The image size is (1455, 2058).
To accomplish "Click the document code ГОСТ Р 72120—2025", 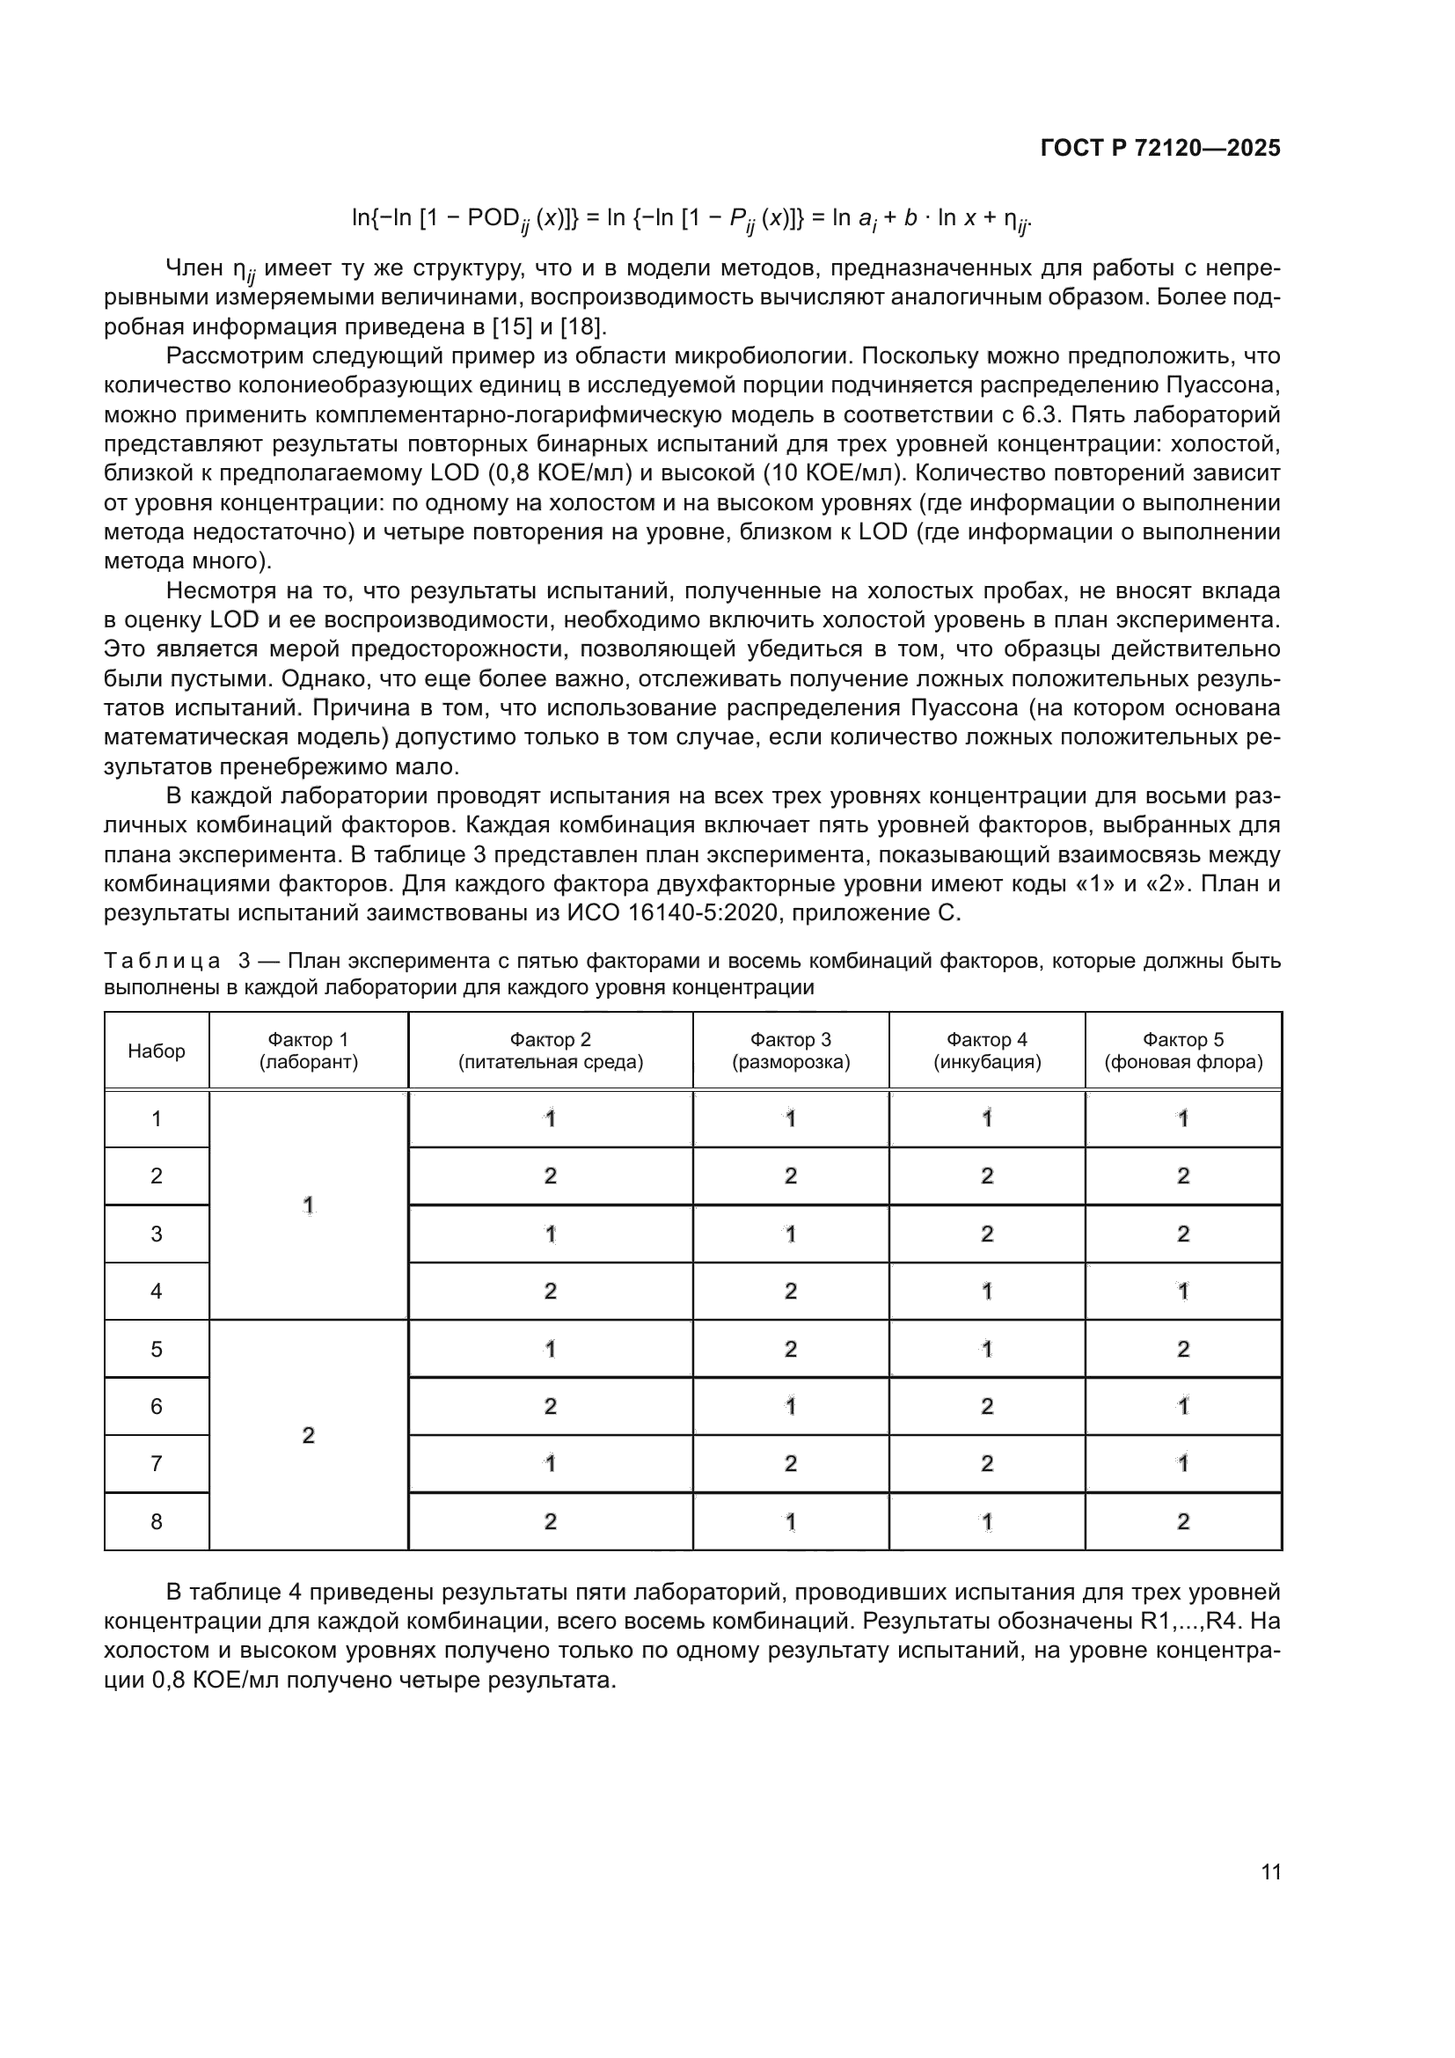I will point(1160,149).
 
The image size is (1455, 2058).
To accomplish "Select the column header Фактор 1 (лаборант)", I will point(308,1051).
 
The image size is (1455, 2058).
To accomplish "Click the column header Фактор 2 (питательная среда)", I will point(550,1051).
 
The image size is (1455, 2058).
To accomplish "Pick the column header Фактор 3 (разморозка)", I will point(790,1051).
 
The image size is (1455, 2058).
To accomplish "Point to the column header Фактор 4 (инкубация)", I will point(986,1051).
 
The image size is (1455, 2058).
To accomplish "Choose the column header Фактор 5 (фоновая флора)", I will point(1182,1051).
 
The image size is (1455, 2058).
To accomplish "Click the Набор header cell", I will point(157,1051).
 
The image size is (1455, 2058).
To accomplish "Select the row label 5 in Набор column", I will point(157,1349).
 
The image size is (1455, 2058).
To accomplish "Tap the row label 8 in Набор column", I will point(157,1522).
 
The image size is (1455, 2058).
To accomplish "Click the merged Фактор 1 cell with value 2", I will point(308,1435).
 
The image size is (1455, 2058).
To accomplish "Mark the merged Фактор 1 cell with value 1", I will point(308,1205).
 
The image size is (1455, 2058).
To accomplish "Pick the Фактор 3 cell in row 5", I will point(790,1349).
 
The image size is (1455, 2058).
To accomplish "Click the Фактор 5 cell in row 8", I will point(1182,1522).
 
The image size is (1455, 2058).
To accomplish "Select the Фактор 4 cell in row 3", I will point(986,1234).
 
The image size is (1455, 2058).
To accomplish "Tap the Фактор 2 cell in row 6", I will point(550,1406).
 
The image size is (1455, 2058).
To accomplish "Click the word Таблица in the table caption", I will point(162,962).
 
